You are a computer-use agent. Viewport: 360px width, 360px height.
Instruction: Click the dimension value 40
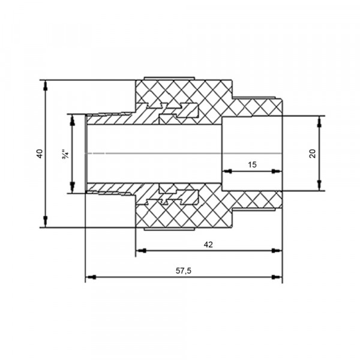pyautogui.click(x=40, y=154)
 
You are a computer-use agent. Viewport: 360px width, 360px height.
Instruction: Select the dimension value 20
pyautogui.click(x=313, y=154)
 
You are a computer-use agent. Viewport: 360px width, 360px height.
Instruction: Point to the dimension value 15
pyautogui.click(x=252, y=164)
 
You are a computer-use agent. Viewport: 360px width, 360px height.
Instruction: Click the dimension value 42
pyautogui.click(x=208, y=245)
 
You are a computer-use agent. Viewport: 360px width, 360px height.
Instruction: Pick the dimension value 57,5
pyautogui.click(x=184, y=271)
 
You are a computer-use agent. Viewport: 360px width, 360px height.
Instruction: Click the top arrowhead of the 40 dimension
pyautogui.click(x=46, y=85)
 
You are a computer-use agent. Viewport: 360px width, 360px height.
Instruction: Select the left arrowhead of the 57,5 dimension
pyautogui.click(x=91, y=277)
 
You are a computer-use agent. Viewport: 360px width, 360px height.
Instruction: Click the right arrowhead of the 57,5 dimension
pyautogui.click(x=277, y=277)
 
